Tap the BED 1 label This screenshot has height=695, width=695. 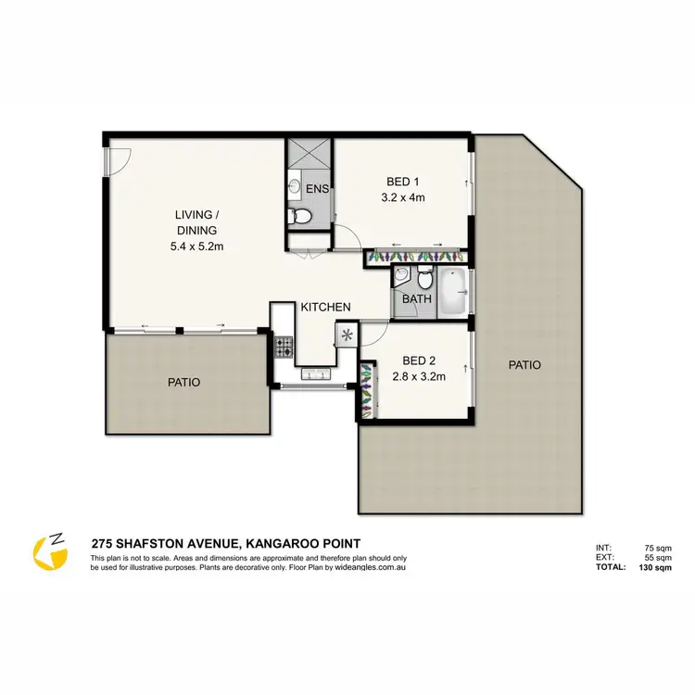(402, 183)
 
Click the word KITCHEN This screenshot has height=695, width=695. (324, 307)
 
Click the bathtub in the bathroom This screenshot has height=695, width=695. (451, 293)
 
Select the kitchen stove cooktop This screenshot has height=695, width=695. (284, 348)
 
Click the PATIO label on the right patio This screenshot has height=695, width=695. (524, 365)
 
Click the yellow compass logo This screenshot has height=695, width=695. (51, 552)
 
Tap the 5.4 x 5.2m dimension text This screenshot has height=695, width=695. (196, 246)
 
